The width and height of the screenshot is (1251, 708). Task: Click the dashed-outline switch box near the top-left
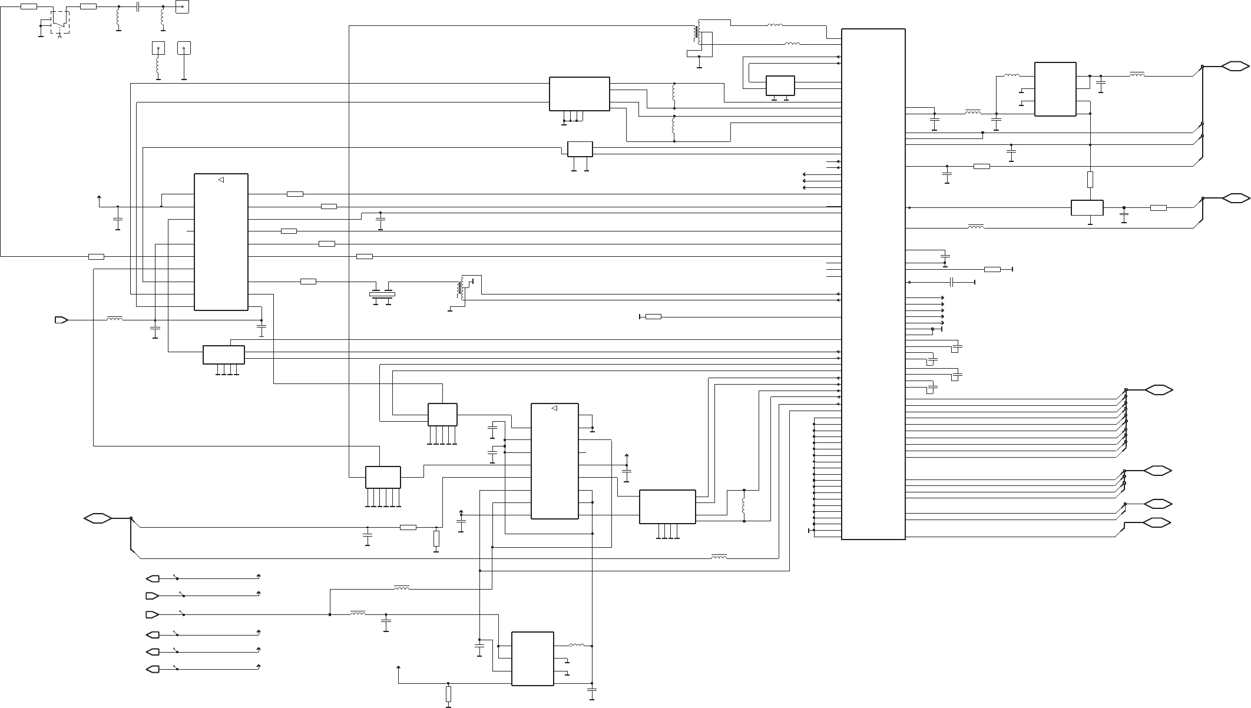60,22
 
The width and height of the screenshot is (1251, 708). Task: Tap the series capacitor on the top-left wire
137,6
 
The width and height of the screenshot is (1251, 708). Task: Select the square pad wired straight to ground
184,48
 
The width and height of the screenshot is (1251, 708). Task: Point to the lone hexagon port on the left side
98,518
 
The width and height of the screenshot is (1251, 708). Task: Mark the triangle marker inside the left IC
221,180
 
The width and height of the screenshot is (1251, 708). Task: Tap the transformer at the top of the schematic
699,34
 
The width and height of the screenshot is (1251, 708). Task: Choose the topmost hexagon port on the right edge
1235,67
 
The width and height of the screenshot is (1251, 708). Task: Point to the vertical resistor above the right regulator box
1090,179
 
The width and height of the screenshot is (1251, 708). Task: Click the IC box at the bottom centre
532,659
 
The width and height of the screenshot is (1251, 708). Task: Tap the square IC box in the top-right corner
1055,89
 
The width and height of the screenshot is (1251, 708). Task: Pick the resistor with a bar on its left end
653,317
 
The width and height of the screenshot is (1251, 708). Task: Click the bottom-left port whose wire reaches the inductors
152,614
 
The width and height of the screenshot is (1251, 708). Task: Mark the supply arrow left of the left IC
98,198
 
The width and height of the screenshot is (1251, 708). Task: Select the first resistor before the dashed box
29,6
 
